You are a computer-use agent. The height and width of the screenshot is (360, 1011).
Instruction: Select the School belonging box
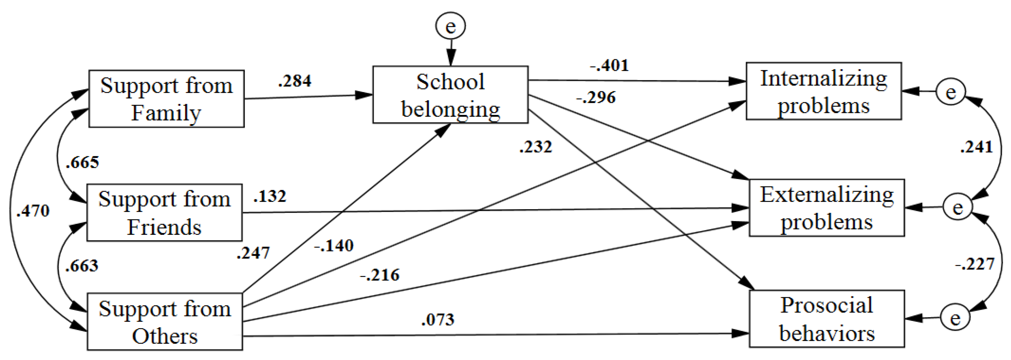450,95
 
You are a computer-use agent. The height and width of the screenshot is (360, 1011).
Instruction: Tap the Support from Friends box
164,212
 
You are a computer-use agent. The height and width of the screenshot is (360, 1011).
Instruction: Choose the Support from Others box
165,321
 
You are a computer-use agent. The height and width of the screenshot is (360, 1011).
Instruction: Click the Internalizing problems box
823,91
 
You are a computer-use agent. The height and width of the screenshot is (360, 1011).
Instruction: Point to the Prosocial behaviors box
826,319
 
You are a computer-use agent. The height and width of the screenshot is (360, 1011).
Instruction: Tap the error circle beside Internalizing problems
950,92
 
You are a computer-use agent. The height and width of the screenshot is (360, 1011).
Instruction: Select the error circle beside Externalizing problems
957,207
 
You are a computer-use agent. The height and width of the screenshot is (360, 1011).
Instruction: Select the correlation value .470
33,211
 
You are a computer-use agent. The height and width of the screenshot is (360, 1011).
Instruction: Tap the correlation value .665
82,162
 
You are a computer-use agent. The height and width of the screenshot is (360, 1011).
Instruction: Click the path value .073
438,319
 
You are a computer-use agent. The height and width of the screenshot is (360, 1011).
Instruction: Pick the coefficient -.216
380,275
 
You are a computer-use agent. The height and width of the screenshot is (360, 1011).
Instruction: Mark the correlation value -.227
975,264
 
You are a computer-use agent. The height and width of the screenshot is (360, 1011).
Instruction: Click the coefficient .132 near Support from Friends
270,196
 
